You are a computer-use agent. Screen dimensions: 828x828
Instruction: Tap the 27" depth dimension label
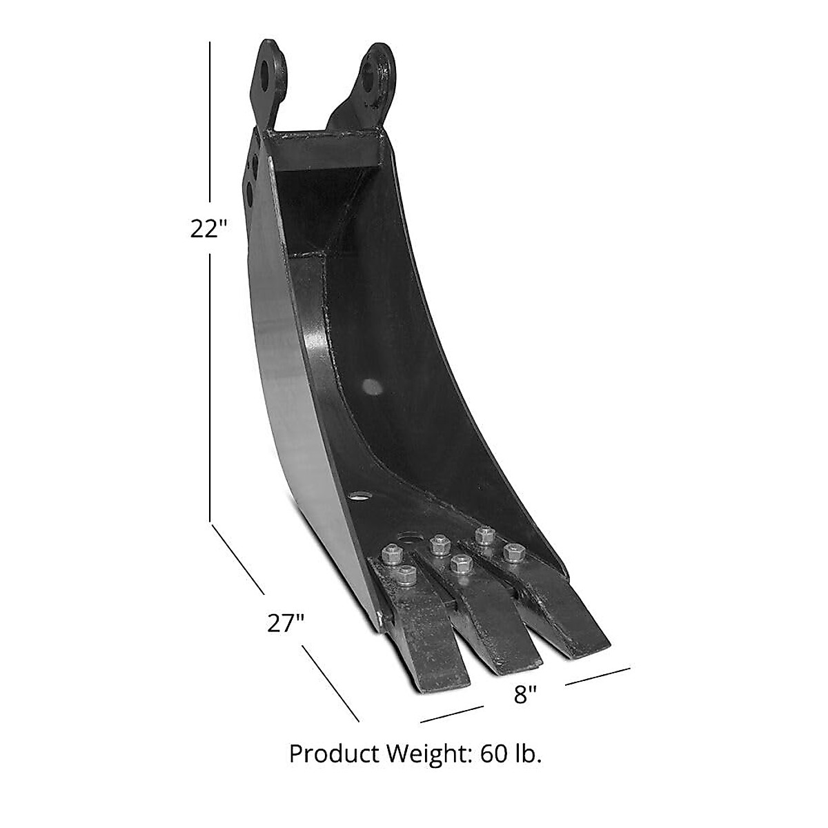point(286,624)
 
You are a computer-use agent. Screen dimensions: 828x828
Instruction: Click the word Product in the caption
point(330,754)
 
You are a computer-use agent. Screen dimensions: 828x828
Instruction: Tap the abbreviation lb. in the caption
point(525,753)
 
